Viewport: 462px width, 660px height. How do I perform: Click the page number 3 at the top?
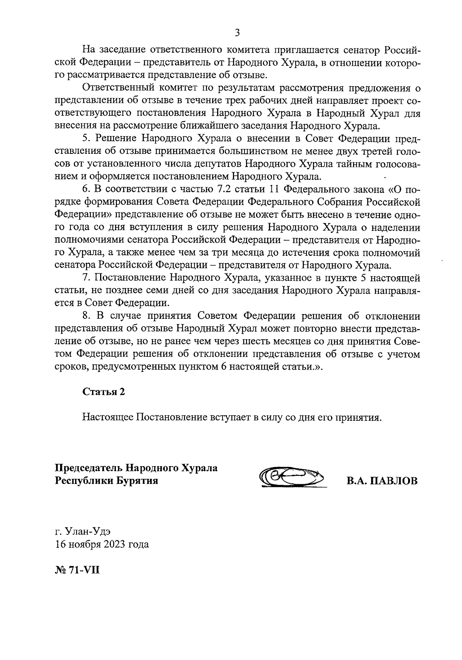[x=237, y=33]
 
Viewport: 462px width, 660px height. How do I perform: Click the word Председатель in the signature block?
[x=89, y=468]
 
